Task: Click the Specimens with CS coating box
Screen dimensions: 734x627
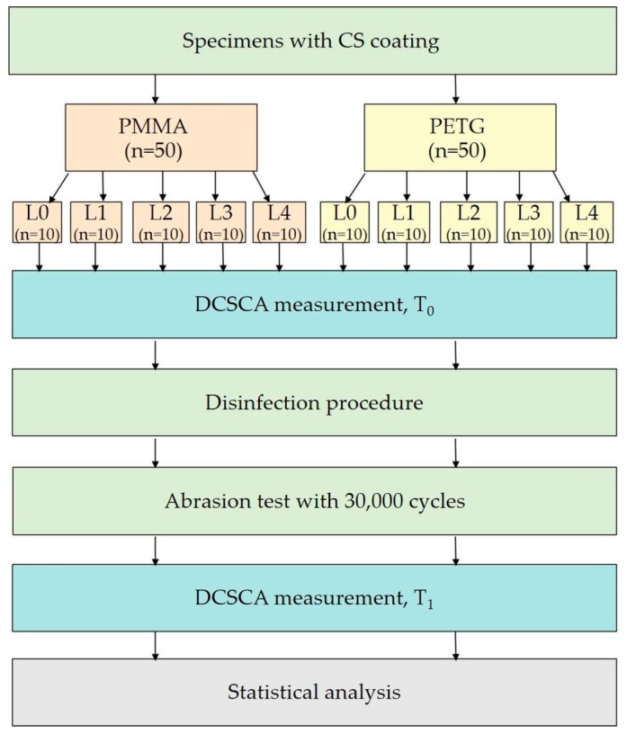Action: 312,40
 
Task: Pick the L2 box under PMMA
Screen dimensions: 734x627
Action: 162,222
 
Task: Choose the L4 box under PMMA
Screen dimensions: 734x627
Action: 280,222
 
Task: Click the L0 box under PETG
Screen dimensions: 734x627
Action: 344,222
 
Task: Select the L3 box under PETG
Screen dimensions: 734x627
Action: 530,222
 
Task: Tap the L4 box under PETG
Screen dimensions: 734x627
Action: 587,222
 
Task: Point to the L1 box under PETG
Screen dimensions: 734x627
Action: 407,222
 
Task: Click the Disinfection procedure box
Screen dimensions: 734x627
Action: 312,402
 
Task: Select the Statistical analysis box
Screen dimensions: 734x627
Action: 312,692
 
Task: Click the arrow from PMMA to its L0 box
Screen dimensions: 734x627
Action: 56,186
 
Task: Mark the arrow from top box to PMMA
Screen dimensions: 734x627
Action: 156,88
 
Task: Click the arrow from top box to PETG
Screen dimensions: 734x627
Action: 457,88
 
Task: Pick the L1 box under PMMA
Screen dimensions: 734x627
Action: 95,222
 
